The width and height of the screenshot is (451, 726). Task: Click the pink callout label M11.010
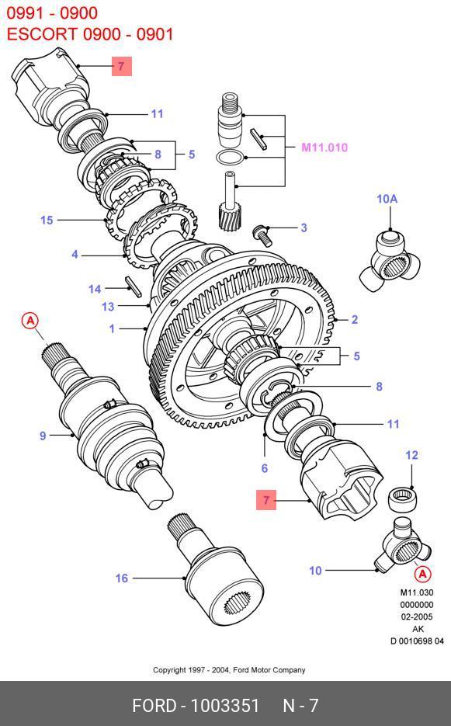point(324,148)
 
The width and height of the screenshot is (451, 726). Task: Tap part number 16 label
point(121,578)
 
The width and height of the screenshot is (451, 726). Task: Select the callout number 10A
point(387,199)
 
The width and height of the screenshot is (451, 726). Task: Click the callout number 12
point(411,455)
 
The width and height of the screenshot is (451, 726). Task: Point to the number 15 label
point(47,220)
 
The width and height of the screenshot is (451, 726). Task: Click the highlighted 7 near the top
point(122,66)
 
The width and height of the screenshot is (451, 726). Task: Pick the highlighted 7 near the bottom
point(266,500)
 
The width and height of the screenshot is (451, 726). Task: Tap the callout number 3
point(304,228)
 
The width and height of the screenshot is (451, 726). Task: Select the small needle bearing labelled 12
point(402,500)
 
